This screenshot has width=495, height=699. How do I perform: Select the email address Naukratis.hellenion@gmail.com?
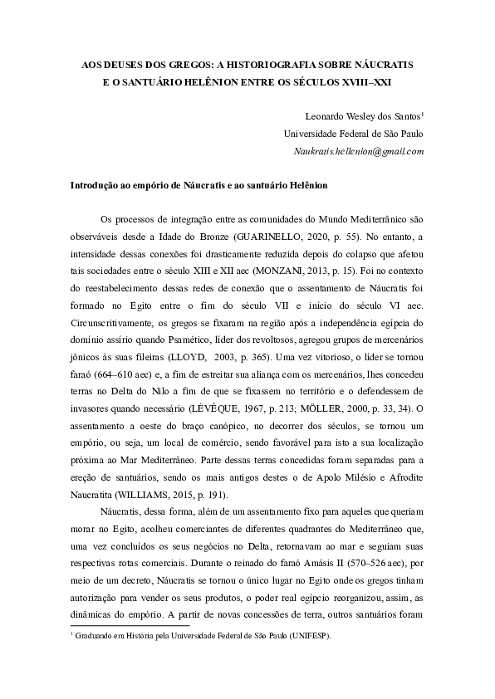coord(359,152)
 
